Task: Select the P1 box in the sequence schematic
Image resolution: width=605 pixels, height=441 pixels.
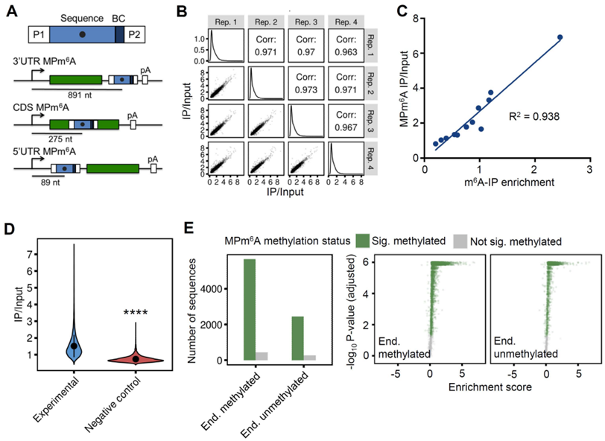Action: point(39,34)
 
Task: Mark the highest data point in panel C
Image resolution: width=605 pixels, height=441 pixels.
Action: point(560,37)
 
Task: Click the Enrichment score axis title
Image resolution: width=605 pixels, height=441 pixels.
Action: point(486,388)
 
